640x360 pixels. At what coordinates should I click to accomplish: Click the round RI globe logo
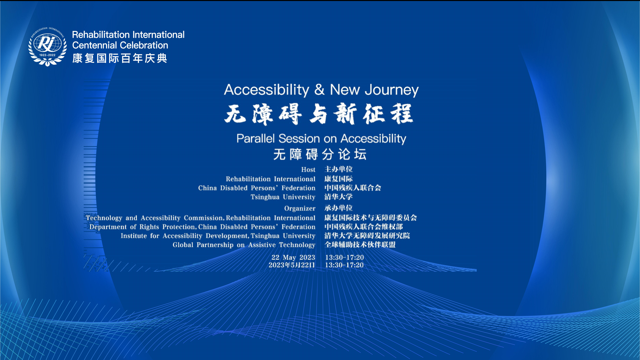pos(47,46)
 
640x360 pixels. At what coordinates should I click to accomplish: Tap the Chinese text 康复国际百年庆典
pos(120,58)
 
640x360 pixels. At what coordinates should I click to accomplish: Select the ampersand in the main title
pos(319,89)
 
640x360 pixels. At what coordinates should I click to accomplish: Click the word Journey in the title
pos(392,90)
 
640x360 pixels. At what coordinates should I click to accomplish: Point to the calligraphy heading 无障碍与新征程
pos(319,114)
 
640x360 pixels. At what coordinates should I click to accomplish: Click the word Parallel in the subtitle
pos(256,138)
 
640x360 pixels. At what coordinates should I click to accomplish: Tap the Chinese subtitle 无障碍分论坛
pos(320,154)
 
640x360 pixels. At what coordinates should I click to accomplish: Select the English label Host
pos(308,170)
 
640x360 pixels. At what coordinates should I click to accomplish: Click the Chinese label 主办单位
pos(339,169)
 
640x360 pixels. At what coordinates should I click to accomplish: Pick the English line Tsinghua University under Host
pos(283,197)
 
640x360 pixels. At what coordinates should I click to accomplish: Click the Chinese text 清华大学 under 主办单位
pos(339,197)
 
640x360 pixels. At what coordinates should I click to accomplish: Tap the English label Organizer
pos(300,208)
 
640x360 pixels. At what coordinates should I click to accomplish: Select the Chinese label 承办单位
pos(339,208)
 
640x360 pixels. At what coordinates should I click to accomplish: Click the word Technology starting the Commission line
pos(104,218)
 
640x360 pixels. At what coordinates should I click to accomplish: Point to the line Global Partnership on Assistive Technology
pos(244,245)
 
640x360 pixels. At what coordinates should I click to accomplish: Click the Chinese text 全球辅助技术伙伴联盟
pos(360,245)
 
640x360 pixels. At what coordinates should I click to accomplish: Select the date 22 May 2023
pos(293,257)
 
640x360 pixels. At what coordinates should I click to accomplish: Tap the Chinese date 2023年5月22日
pos(292,265)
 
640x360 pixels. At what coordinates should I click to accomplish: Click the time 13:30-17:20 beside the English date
pos(344,257)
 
